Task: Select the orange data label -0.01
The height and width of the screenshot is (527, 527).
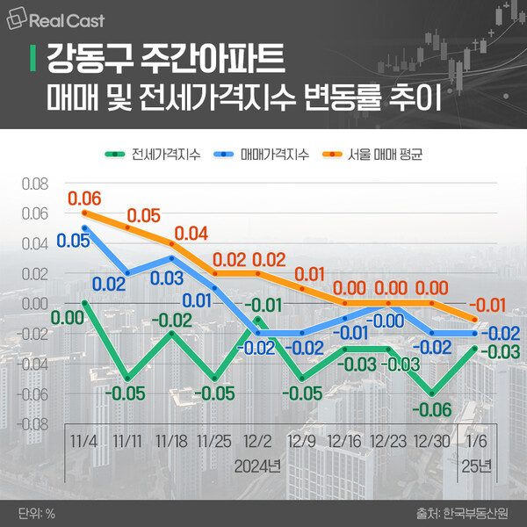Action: pos(490,304)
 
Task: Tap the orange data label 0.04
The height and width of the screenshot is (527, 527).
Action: pos(191,233)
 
